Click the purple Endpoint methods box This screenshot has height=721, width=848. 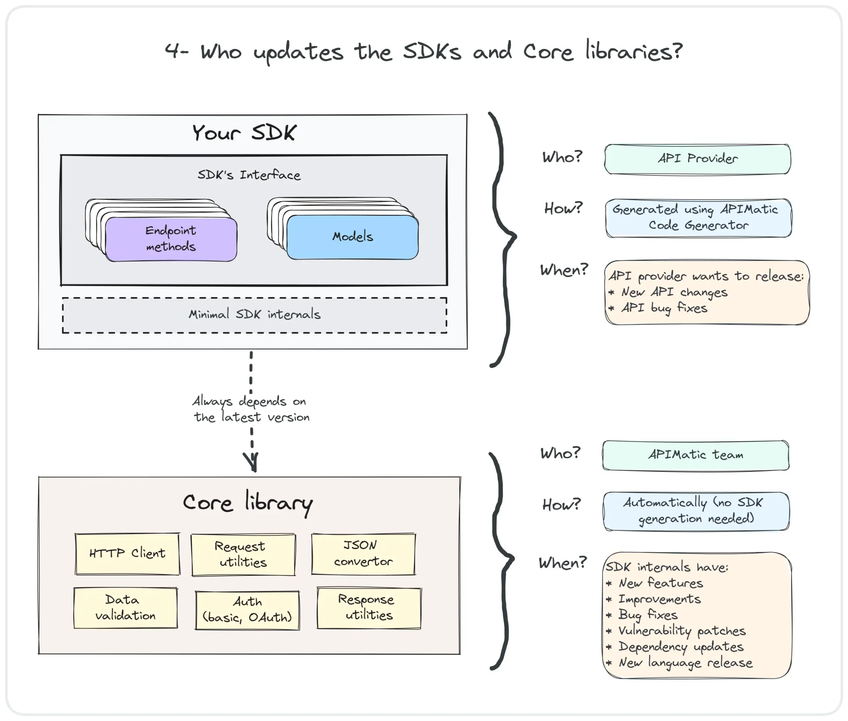[171, 239]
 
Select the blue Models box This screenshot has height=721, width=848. [353, 237]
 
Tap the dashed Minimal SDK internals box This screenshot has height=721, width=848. [254, 315]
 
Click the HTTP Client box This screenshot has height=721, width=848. [127, 554]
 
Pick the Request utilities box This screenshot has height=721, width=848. [243, 555]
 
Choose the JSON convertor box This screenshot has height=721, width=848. [363, 554]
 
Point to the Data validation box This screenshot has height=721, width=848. [126, 608]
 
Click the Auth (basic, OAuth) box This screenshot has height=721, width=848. [247, 610]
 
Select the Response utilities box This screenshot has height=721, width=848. [369, 608]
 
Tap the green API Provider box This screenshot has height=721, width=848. [698, 159]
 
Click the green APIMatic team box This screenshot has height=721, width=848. [695, 455]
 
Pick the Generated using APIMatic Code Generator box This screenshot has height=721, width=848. [698, 218]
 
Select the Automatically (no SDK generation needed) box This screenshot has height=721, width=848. [696, 511]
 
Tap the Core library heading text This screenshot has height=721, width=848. [248, 503]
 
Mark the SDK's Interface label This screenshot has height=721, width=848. [249, 175]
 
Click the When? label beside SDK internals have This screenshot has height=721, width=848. [563, 563]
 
